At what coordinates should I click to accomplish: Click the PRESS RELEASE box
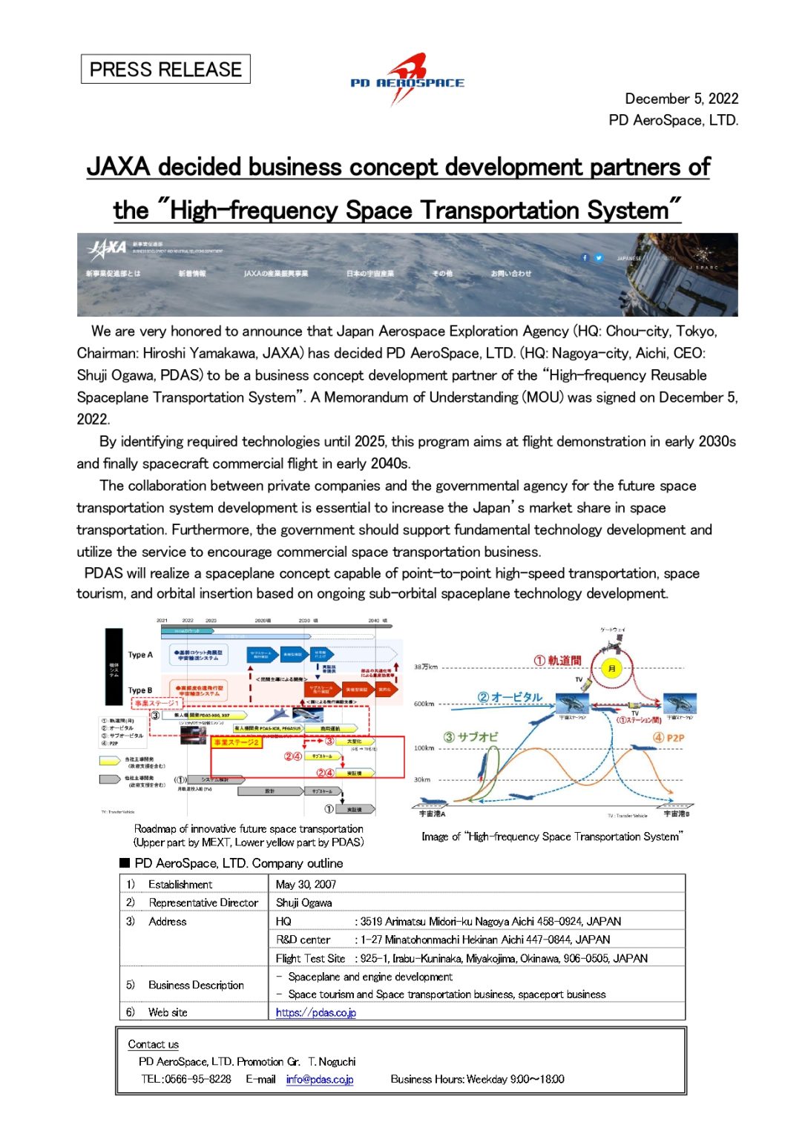pos(165,70)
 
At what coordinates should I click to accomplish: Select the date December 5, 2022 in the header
pos(681,99)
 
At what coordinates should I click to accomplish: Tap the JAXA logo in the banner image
pos(108,248)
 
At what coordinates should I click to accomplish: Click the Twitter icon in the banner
pos(599,258)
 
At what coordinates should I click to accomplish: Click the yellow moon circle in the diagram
pos(611,668)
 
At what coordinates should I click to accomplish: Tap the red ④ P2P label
pos(668,738)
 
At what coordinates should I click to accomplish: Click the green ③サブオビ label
pos(471,737)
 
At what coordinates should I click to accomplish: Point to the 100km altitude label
pos(424,748)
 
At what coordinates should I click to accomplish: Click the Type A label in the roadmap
pos(140,655)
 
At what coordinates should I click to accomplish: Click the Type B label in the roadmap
pos(140,690)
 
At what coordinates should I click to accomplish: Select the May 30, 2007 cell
pos(306,884)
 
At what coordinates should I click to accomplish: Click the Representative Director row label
pos(203,902)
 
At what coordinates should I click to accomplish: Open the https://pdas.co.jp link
pos(316,1012)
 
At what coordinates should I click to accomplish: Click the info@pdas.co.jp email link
pos(320,1079)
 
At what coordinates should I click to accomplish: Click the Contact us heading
pos(154,1044)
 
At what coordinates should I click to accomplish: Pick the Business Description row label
pos(196,985)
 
